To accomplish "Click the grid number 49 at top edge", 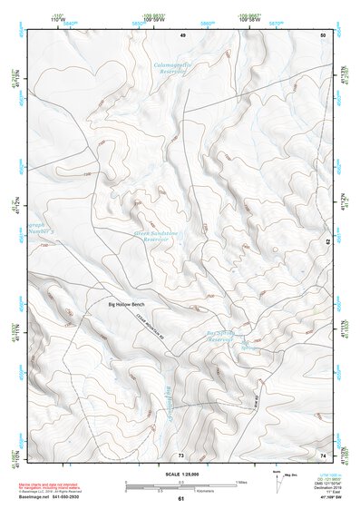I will [181, 34].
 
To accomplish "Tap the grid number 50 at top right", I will [323, 34].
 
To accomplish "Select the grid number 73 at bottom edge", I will [180, 454].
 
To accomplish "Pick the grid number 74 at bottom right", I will [323, 454].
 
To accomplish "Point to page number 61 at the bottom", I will [180, 500].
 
